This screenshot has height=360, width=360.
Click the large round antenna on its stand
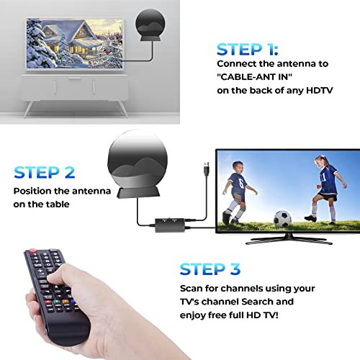[x=140, y=159]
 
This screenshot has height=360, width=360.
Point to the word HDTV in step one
[x=317, y=91]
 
